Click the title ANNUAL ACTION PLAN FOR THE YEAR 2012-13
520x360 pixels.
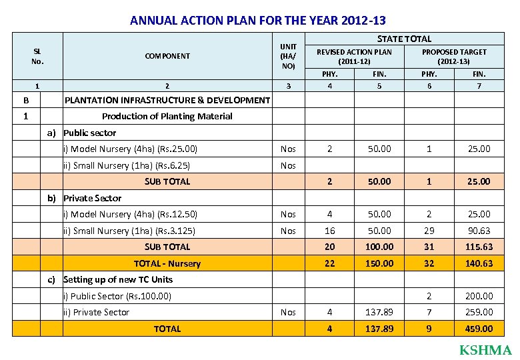pyautogui.click(x=257, y=21)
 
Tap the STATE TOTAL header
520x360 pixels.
pyautogui.click(x=404, y=39)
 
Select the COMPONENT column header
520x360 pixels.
pyautogui.click(x=167, y=56)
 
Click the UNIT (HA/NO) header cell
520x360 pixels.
pyautogui.click(x=288, y=56)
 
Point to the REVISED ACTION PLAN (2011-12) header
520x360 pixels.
pyautogui.click(x=354, y=56)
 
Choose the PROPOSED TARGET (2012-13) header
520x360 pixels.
pyautogui.click(x=454, y=56)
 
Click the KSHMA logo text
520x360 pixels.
pyautogui.click(x=485, y=350)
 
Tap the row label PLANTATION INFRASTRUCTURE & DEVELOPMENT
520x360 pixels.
pyautogui.click(x=167, y=100)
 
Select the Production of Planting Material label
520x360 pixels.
pyautogui.click(x=167, y=116)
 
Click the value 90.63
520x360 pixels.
pyautogui.click(x=479, y=231)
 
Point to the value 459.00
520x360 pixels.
pyautogui.click(x=479, y=329)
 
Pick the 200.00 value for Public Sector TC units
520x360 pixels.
pyautogui.click(x=479, y=296)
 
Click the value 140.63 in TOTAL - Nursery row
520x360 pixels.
pyautogui.click(x=479, y=263)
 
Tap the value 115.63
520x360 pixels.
pyautogui.click(x=479, y=247)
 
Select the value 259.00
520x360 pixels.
pyautogui.click(x=479, y=312)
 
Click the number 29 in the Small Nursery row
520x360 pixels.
pyautogui.click(x=429, y=231)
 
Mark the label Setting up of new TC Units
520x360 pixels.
pyautogui.click(x=118, y=279)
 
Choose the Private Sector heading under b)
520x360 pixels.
pyautogui.click(x=93, y=198)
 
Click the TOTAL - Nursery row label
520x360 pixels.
pyautogui.click(x=167, y=263)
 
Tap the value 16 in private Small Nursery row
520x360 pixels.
pyautogui.click(x=329, y=231)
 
